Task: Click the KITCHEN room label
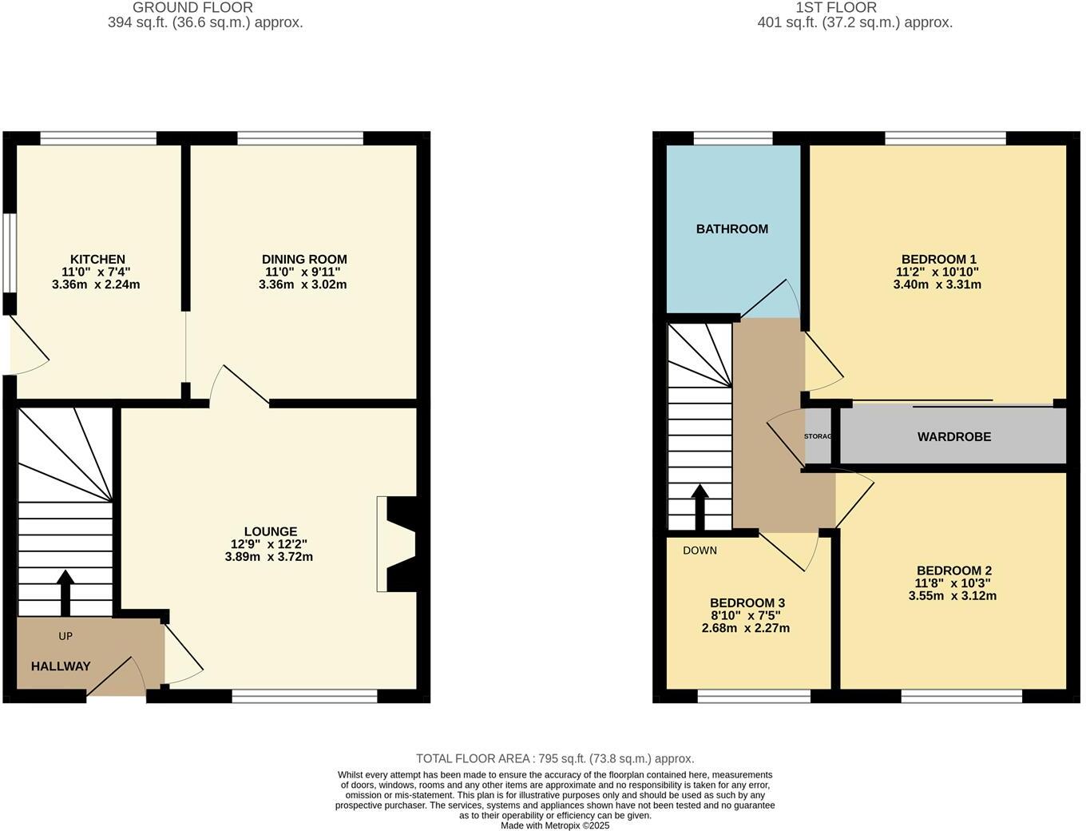pyautogui.click(x=97, y=259)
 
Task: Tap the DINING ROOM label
pyautogui.click(x=304, y=259)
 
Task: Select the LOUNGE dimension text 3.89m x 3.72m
pyautogui.click(x=269, y=556)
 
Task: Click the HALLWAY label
pyautogui.click(x=61, y=666)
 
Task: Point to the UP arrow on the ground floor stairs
pyautogui.click(x=65, y=592)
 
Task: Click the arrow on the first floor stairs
pyautogui.click(x=700, y=507)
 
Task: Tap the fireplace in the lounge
pyautogui.click(x=397, y=544)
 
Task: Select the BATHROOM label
pyautogui.click(x=731, y=229)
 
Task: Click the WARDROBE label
pyautogui.click(x=953, y=436)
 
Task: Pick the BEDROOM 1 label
pyautogui.click(x=938, y=259)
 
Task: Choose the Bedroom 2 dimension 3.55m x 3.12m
pyautogui.click(x=953, y=595)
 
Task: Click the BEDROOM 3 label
pyautogui.click(x=747, y=602)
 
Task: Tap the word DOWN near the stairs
pyautogui.click(x=700, y=550)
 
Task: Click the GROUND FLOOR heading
pyautogui.click(x=192, y=7)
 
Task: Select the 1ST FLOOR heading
pyautogui.click(x=836, y=7)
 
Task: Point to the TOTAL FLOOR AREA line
pyautogui.click(x=555, y=758)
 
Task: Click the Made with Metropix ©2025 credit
pyautogui.click(x=555, y=825)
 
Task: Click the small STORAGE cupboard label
pyautogui.click(x=818, y=436)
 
